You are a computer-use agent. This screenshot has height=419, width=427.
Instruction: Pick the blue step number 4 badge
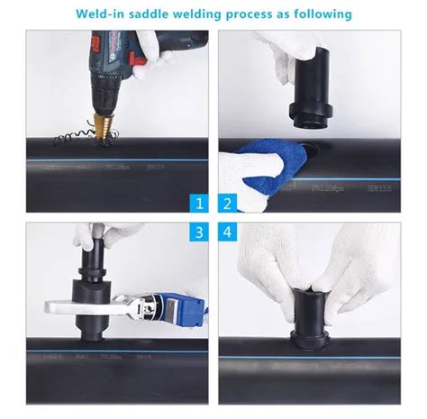[x=229, y=232]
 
